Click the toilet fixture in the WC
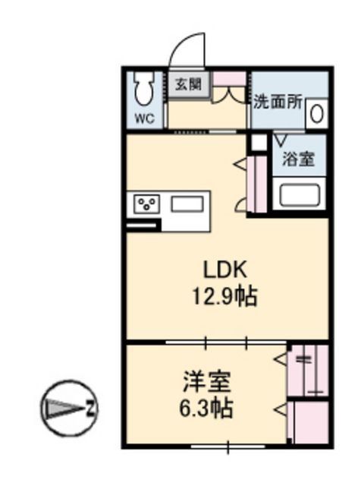pos(143,89)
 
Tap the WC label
pos(145,118)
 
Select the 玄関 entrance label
pos(188,84)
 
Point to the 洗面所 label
pos(278,102)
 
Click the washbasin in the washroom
pos(317,113)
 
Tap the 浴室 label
pos(298,159)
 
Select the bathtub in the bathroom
pos(300,194)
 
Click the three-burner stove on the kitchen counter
pos(147,204)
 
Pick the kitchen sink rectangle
pos(187,204)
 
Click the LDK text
pos(225,270)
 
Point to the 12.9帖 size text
pos(224,296)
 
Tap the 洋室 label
pos(207,381)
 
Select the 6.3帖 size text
pos(206,408)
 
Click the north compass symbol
pos(69,409)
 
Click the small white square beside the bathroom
pos(259,142)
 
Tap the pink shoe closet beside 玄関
pos(229,78)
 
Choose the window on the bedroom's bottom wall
pos(228,447)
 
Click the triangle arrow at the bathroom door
pos(281,140)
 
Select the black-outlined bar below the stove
pos(142,226)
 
